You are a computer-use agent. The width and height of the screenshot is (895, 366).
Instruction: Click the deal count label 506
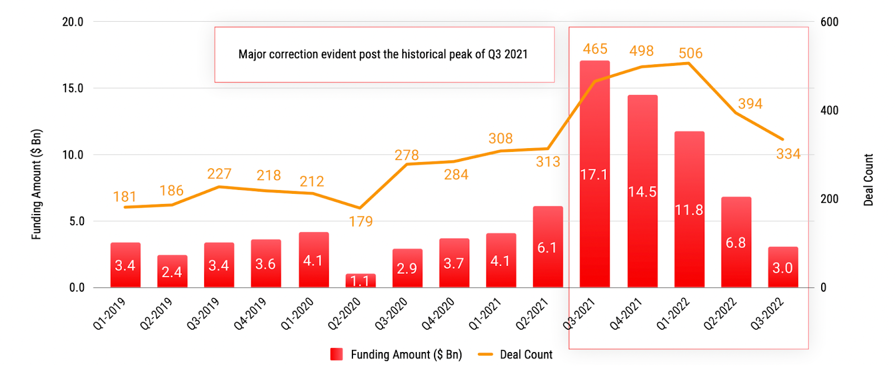tap(690, 53)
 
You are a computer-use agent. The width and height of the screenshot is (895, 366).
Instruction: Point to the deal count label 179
tap(360, 222)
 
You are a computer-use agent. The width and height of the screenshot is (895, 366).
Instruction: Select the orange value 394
tap(750, 104)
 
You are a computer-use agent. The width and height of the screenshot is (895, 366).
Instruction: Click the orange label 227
tap(219, 174)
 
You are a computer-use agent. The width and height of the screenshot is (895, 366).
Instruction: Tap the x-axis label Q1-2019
tap(109, 314)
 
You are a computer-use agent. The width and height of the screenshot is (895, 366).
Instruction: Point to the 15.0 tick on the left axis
tap(73, 88)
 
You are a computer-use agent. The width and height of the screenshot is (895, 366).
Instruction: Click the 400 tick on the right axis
tap(829, 110)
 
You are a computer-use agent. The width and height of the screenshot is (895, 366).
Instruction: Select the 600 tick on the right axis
tap(829, 22)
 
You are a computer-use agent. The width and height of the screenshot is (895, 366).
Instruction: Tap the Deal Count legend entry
tap(515, 354)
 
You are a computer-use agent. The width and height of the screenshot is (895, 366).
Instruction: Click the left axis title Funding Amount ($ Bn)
tap(36, 184)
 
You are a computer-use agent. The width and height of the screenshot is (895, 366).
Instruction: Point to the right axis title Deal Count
tap(868, 180)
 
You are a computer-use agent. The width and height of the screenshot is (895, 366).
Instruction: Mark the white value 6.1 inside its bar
tap(547, 248)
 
